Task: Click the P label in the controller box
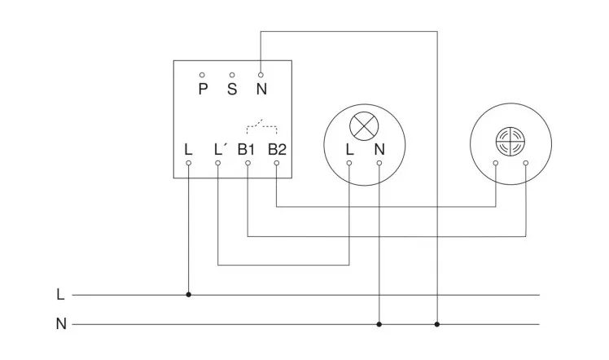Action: (203, 89)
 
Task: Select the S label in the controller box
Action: (232, 89)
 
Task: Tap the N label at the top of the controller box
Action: (261, 89)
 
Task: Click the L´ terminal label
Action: (219, 149)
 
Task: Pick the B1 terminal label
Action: (247, 149)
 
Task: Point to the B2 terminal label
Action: (277, 149)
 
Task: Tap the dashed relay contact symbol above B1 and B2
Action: (261, 126)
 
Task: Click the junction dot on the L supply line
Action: (189, 295)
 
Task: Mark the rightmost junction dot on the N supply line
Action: (437, 324)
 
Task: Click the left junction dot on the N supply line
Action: (379, 324)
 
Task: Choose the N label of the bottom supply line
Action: (60, 324)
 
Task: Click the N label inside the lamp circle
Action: (379, 149)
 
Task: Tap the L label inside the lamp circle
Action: (349, 149)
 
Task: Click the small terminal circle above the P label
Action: (203, 74)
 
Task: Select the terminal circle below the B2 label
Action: (277, 163)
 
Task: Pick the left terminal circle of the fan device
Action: (497, 163)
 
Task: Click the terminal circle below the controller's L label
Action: (189, 163)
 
